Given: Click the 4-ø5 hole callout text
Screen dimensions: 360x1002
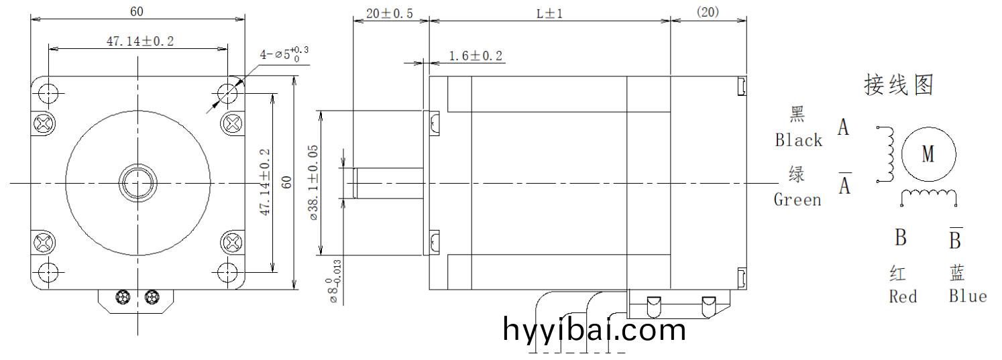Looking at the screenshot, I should (285, 54).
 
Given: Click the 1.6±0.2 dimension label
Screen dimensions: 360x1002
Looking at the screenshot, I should (475, 56).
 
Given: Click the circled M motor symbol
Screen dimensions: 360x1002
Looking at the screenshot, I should (928, 155).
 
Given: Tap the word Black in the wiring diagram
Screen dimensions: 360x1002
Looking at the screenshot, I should (798, 140).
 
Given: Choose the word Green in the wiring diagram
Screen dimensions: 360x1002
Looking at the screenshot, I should (797, 200).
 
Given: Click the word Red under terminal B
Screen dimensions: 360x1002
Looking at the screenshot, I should (903, 296).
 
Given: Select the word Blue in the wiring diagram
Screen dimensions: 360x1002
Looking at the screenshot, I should (967, 296).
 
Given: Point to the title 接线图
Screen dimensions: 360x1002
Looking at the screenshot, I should (898, 86).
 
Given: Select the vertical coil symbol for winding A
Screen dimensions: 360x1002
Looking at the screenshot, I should (890, 154).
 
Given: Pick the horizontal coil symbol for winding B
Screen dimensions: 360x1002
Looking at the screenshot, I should (928, 194).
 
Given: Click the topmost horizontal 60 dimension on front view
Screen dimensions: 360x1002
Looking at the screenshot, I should (137, 11).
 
